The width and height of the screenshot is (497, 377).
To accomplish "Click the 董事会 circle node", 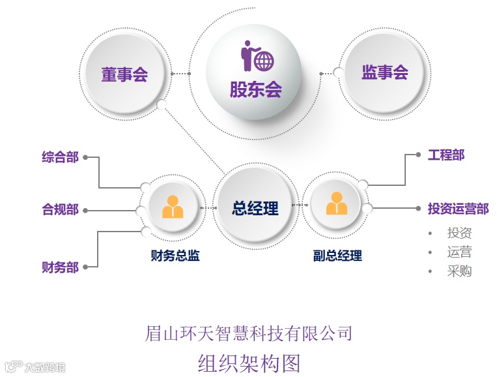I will pos(124,74).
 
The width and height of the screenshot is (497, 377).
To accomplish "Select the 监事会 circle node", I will pos(384,72).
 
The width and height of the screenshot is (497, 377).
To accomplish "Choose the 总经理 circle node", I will pos(255,208).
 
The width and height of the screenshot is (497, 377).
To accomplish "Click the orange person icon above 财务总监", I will pos(173,207).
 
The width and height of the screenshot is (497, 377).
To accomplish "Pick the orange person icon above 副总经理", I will pos(336,204).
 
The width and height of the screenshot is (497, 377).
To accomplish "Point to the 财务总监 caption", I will pos(175,256).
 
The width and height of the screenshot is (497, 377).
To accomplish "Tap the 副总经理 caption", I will pos(337,256).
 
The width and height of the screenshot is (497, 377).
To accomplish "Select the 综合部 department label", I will pos(60,157).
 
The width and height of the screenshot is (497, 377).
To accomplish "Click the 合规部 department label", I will pos(60,210).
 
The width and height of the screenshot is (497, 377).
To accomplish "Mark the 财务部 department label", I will pos(60,267).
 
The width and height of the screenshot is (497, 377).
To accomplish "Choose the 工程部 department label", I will pos(446,155).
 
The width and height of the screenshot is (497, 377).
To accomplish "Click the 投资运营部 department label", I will pos(458,209).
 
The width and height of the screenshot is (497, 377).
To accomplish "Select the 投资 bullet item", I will pos(459,233).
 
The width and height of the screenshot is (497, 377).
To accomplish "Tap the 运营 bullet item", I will pos(459,252).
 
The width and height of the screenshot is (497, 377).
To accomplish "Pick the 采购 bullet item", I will pos(459,271).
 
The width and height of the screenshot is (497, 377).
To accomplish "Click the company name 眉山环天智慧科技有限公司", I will pos(248,333).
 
